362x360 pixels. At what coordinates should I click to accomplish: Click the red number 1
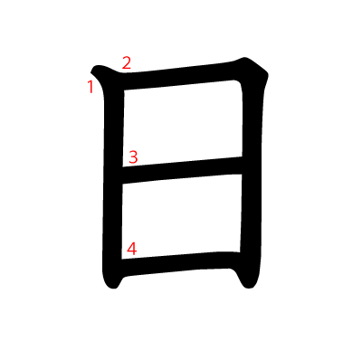[90, 87]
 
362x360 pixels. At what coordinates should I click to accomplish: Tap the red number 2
[127, 63]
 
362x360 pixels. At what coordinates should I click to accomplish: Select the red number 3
[133, 157]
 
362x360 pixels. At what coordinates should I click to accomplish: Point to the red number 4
[132, 249]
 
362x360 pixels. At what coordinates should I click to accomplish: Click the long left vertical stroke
[113, 181]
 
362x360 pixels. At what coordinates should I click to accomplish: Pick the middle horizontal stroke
[182, 170]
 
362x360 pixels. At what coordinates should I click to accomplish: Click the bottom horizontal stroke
[181, 263]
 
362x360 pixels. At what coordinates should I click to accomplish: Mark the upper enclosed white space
[183, 124]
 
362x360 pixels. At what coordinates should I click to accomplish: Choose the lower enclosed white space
[182, 216]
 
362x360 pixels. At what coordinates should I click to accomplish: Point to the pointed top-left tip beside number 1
[91, 71]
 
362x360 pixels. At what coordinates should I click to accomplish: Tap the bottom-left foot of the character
[113, 283]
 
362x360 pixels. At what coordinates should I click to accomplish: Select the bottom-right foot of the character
[249, 283]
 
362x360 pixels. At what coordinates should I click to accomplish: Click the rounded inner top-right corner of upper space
[238, 82]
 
